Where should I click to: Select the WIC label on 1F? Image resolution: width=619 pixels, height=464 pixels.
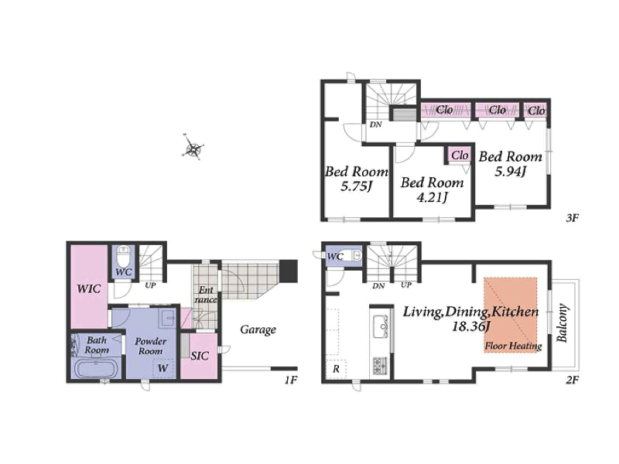coord(89,288)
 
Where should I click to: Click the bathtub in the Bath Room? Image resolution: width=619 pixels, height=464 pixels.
coord(96,370)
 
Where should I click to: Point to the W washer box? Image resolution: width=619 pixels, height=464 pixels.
coord(163,369)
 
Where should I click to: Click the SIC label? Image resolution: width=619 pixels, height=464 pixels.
coord(200,356)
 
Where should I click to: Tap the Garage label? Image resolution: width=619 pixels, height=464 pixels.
coord(258,330)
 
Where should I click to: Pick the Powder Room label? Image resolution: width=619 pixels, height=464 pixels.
coord(151,346)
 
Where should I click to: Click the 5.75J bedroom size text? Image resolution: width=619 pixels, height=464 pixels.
coord(357,186)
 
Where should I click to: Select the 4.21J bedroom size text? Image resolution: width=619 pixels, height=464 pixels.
coord(433,196)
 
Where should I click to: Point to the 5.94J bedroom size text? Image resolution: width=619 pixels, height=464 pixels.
coord(511,171)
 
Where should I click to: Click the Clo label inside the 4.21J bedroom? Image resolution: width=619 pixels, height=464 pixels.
coord(460,155)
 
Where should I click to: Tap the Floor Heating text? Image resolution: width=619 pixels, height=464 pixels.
coord(513,346)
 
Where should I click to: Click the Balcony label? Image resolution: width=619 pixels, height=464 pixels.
coord(563,323)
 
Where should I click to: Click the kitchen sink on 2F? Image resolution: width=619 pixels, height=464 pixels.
coord(381,326)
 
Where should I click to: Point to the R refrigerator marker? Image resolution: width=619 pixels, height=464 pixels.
coord(336,370)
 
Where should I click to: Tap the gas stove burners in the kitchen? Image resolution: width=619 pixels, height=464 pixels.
coord(381,366)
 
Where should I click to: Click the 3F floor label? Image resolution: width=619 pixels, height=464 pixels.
coord(572,217)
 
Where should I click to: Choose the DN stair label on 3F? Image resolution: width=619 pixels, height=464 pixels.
coord(376,125)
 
